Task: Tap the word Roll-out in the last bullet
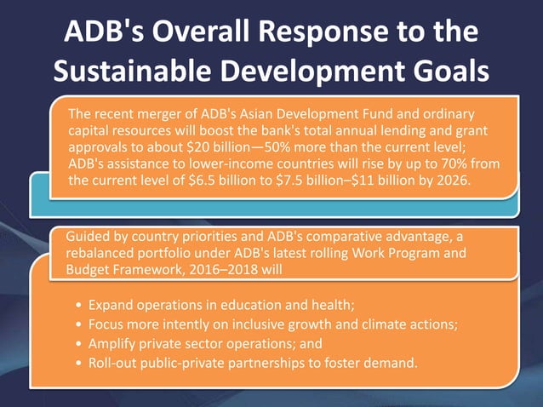coord(114,364)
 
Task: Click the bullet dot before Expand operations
coord(79,305)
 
